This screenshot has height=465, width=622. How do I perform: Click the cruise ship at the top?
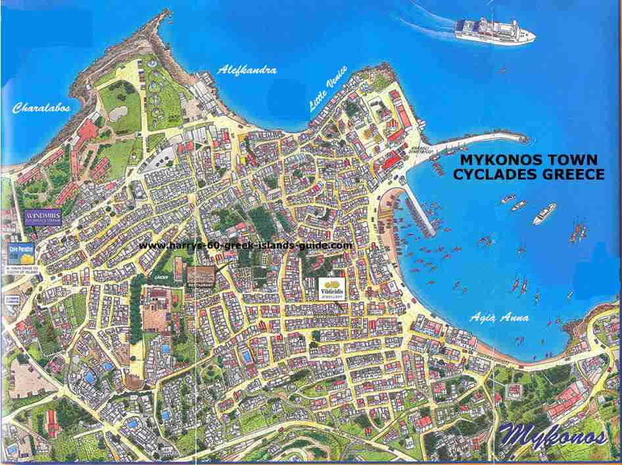pos(494,30)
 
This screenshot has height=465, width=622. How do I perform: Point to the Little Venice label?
pos(331,92)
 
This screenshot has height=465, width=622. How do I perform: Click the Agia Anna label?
pos(499,318)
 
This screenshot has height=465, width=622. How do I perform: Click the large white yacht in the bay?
pos(544,213)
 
